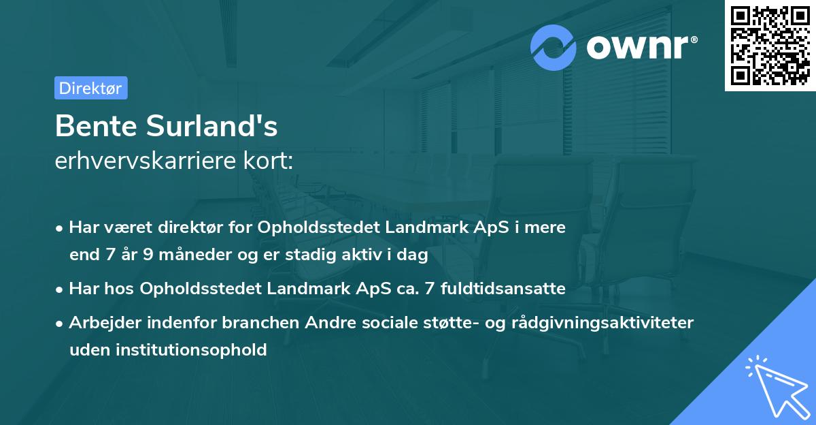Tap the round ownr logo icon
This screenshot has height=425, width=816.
(554, 47)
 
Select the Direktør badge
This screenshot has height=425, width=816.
(90, 88)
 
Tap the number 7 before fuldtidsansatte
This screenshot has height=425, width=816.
(428, 289)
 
